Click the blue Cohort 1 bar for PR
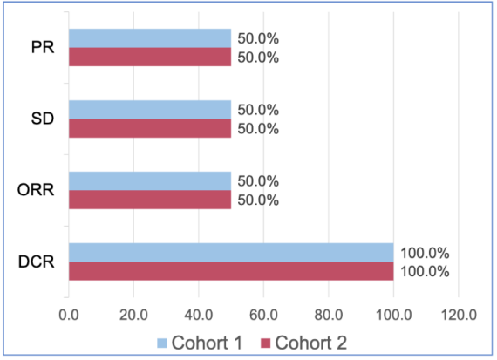tap(150, 38)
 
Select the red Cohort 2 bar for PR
tap(150, 57)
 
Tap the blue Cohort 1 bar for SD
tap(150, 110)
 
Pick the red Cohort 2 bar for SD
tap(150, 128)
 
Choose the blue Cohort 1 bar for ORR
tap(150, 181)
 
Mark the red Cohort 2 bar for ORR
tap(150, 200)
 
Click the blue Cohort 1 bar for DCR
tap(231, 253)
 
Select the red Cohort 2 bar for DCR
tap(231, 271)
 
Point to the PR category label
tap(43, 48)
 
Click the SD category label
tap(43, 119)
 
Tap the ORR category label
tap(36, 190)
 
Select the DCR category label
tap(37, 262)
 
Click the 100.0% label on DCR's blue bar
tap(425, 253)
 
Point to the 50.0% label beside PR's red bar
tap(258, 58)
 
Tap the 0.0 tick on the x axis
tap(69, 315)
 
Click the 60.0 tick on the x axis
tap(263, 315)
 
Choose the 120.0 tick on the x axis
tap(459, 315)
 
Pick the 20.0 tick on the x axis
tap(133, 315)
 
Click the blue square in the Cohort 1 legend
tap(162, 343)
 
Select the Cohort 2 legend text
tap(311, 343)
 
